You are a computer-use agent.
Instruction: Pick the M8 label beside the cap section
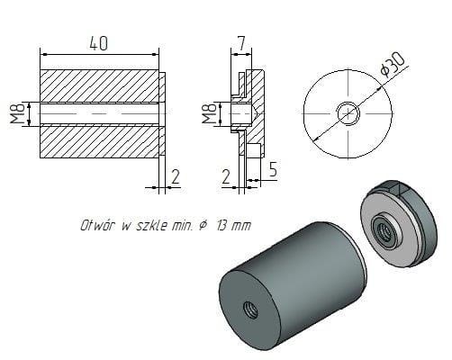[210, 114]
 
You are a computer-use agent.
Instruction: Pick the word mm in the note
[240, 226]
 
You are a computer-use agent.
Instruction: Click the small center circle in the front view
[347, 113]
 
